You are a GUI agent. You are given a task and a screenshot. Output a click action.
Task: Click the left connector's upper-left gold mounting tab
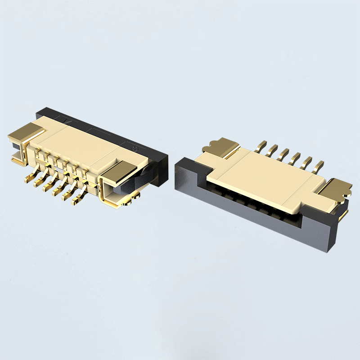(25, 131)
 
